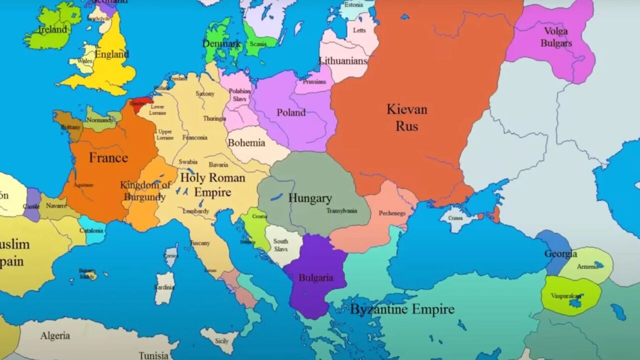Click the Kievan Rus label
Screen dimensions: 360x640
click(x=406, y=117)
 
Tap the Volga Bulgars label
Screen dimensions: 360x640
click(x=556, y=37)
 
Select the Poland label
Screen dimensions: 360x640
click(x=291, y=112)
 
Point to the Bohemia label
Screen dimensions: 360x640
click(x=246, y=143)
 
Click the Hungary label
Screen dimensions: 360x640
click(x=309, y=198)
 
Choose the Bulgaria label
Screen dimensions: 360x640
click(x=315, y=277)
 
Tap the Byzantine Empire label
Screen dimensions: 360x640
click(x=402, y=309)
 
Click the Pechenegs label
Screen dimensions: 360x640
click(x=391, y=213)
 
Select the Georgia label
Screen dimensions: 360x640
click(x=560, y=254)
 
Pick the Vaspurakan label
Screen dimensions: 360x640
click(x=566, y=295)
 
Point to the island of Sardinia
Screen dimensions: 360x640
click(x=164, y=288)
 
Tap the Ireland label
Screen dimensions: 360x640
click(x=52, y=29)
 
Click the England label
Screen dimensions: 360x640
click(x=111, y=54)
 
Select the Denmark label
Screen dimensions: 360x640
click(x=221, y=44)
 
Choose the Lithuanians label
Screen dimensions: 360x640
click(x=343, y=61)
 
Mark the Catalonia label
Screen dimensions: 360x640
click(x=91, y=230)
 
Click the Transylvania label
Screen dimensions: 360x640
click(x=341, y=210)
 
